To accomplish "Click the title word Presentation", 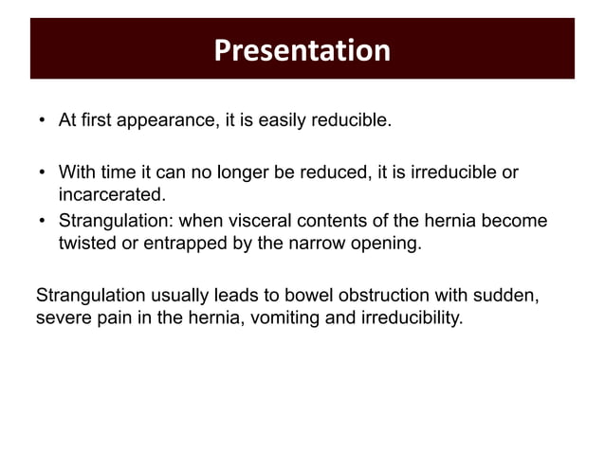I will pyautogui.click(x=302, y=49).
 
